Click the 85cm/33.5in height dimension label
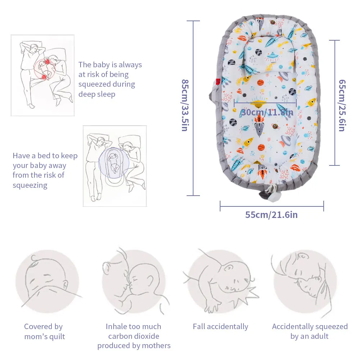pos(184,105)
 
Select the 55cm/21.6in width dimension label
pos(271,215)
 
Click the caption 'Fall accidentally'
pos(220,327)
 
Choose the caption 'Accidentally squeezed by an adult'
pos(310,332)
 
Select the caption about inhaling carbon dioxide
pos(134,336)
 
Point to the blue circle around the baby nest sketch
pos(115,162)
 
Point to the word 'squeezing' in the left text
pos(30,185)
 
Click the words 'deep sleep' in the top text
pos(97,94)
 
